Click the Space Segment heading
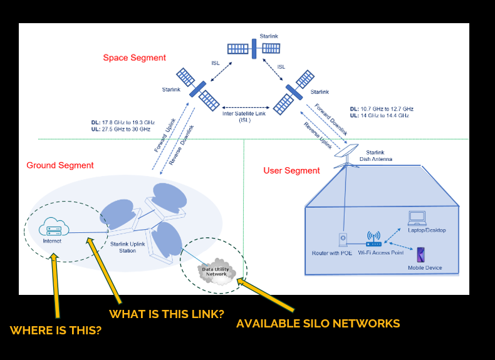(135, 58)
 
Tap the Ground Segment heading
(60, 165)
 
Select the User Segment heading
(291, 170)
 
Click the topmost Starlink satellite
(254, 48)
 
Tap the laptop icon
(417, 218)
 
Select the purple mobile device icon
(422, 255)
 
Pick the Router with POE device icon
(343, 240)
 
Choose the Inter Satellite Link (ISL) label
(245, 116)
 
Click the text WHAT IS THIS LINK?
(167, 314)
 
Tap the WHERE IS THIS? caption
(56, 330)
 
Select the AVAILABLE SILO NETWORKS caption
(318, 324)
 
